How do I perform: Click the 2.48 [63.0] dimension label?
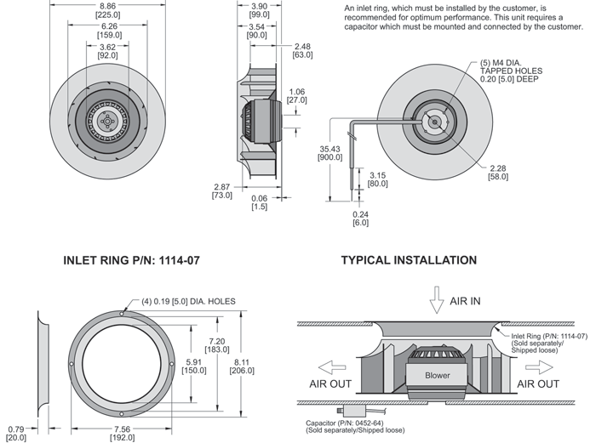(302, 50)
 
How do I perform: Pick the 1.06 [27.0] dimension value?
(297, 95)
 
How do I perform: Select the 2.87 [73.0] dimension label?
(221, 190)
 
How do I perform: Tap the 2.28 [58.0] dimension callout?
(498, 172)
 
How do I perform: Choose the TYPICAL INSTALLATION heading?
(409, 260)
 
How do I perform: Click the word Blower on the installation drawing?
(437, 374)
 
